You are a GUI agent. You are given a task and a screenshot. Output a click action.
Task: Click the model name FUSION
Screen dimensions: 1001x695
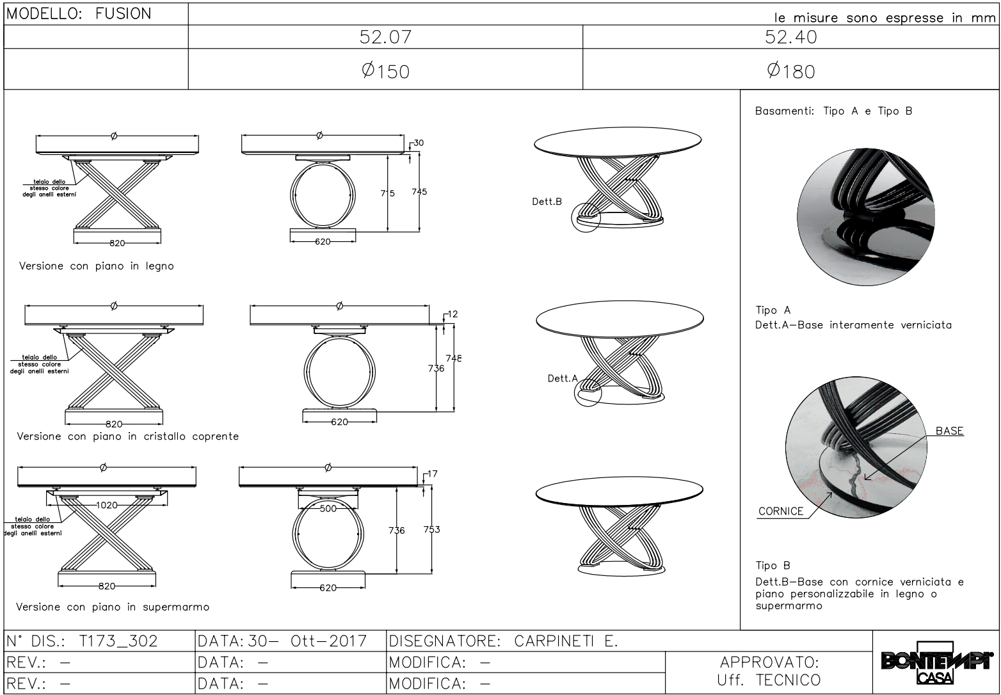click(124, 14)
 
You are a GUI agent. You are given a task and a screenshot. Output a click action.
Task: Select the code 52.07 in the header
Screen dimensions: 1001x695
click(385, 36)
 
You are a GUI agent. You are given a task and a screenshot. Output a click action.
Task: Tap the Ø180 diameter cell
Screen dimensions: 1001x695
click(791, 70)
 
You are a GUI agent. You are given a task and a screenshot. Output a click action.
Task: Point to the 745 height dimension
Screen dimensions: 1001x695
click(419, 191)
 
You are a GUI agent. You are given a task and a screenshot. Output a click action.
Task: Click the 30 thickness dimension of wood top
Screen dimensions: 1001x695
click(419, 143)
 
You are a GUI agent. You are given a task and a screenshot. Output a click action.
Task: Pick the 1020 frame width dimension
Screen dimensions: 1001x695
click(106, 505)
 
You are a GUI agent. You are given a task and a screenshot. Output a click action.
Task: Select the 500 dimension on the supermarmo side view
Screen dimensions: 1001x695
click(328, 508)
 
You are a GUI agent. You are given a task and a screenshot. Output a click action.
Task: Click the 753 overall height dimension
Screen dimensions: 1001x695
click(431, 529)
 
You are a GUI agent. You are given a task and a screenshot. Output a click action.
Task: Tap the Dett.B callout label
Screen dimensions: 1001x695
click(547, 202)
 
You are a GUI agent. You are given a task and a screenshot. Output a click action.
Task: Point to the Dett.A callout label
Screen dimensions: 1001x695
click(563, 378)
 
